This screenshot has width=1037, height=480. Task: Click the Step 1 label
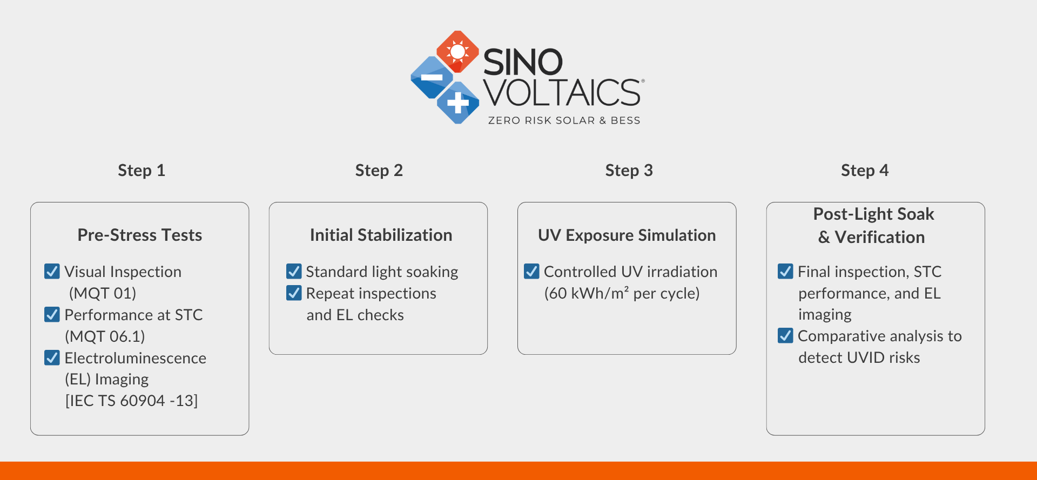(x=142, y=171)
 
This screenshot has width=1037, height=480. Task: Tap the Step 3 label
(x=629, y=171)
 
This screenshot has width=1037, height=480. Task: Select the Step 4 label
(x=865, y=171)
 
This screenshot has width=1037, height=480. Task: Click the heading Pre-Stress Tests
(x=140, y=235)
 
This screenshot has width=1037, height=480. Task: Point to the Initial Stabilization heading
(x=381, y=235)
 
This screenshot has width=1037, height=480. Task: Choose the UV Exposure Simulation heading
(x=627, y=235)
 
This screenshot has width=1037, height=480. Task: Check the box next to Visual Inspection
(x=52, y=271)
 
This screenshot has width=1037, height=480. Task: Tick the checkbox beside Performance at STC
(x=52, y=314)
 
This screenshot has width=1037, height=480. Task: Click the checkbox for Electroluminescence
(x=52, y=357)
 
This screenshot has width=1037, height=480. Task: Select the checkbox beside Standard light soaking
(x=294, y=271)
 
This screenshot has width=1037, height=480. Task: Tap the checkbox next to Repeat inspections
(x=294, y=293)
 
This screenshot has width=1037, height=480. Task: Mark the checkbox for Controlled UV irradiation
(x=531, y=271)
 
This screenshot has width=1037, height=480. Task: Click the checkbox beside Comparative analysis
(x=785, y=335)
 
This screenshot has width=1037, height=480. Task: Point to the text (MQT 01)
(x=103, y=293)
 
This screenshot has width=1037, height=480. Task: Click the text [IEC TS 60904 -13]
(x=131, y=401)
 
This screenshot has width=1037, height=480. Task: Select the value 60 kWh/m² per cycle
(x=622, y=293)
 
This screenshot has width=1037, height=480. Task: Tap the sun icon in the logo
(x=457, y=51)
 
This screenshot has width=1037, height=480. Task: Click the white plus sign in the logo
(x=457, y=102)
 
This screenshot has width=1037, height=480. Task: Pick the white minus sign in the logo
(x=432, y=77)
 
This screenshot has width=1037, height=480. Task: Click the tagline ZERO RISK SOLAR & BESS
(x=564, y=120)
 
